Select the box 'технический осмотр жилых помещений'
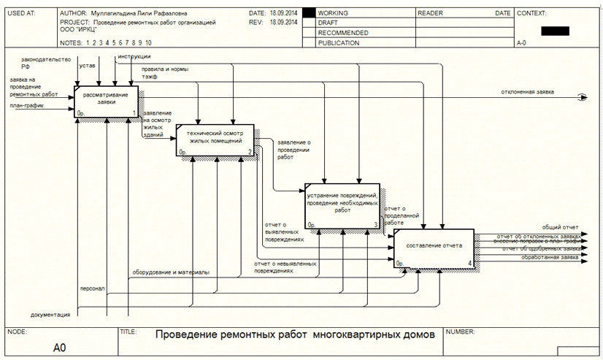(x=215, y=139)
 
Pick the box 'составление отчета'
(x=434, y=248)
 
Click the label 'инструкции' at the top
(x=134, y=56)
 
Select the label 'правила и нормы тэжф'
(x=165, y=72)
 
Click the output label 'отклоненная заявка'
(x=527, y=92)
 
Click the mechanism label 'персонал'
(x=92, y=288)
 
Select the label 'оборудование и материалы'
(x=170, y=272)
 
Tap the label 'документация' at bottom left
(x=50, y=315)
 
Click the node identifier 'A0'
(x=60, y=348)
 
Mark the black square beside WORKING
(x=309, y=13)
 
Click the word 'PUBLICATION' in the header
(x=339, y=43)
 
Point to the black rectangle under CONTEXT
(x=554, y=31)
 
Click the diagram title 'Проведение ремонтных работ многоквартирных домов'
(x=299, y=335)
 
